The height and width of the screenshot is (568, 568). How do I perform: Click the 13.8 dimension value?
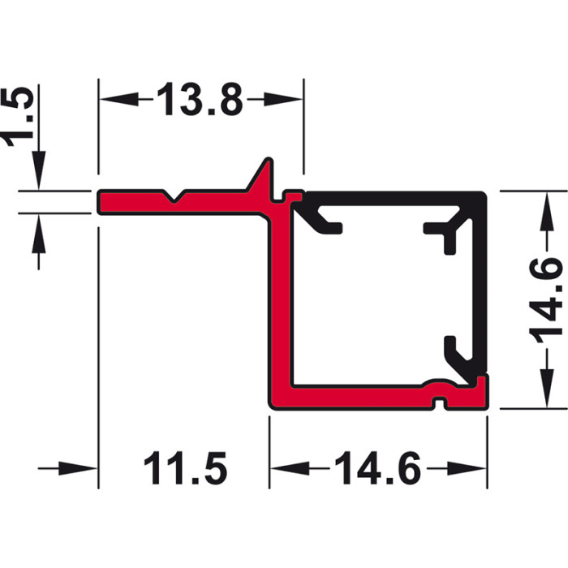point(200,99)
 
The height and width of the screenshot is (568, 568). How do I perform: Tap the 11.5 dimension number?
point(186,468)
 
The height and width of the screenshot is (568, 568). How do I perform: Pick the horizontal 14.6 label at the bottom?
point(377,468)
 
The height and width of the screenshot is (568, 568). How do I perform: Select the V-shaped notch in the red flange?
point(174,196)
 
